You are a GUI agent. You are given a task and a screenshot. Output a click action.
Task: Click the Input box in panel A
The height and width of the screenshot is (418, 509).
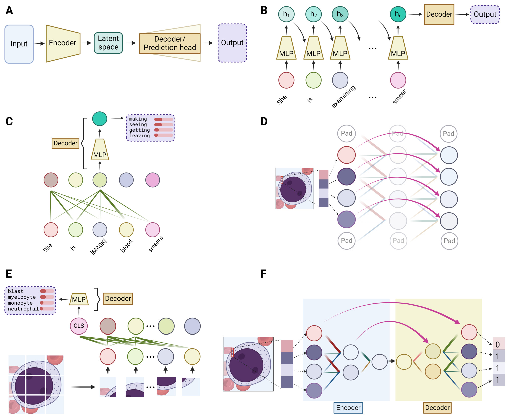pyautogui.click(x=19, y=44)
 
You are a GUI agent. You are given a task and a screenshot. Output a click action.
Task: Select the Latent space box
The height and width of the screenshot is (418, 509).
pyautogui.click(x=108, y=43)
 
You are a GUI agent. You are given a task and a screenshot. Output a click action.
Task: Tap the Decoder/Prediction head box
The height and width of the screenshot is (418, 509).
pyautogui.click(x=170, y=43)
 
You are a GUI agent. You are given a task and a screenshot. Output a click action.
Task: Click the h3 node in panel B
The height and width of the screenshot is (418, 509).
pyautogui.click(x=340, y=14)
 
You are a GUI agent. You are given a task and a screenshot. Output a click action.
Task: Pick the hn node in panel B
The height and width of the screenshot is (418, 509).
pyautogui.click(x=398, y=14)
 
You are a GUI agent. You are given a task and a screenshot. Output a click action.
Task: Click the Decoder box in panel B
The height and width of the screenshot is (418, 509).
pyautogui.click(x=439, y=14)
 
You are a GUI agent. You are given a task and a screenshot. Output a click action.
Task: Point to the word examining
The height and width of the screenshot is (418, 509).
pyautogui.click(x=344, y=96)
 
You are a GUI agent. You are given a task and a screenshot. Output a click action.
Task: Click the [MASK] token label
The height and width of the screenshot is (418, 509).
pyautogui.click(x=99, y=247)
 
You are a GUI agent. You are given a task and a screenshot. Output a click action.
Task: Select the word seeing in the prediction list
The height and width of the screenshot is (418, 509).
pyautogui.click(x=138, y=124)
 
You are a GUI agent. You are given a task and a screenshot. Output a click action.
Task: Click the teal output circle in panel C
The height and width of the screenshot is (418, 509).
pyautogui.click(x=100, y=119)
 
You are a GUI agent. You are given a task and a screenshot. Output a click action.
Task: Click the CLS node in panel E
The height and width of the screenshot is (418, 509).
pyautogui.click(x=79, y=326)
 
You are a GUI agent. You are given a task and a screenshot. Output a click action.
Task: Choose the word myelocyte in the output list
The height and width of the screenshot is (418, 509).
pyautogui.click(x=22, y=297)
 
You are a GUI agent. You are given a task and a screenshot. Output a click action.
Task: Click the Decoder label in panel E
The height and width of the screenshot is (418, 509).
pyautogui.click(x=118, y=299)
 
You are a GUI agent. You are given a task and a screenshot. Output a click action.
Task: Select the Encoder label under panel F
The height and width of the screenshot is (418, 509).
pyautogui.click(x=348, y=408)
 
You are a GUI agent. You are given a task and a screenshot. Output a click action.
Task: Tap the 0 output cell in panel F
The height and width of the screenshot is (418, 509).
pyautogui.click(x=498, y=344)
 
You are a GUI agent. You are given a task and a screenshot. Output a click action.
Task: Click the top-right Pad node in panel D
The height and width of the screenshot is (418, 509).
pyautogui.click(x=448, y=134)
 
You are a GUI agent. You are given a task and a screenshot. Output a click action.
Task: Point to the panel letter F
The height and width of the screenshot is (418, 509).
pyautogui.click(x=263, y=274)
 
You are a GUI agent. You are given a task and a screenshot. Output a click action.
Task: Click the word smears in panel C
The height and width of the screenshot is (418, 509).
pyautogui.click(x=155, y=244)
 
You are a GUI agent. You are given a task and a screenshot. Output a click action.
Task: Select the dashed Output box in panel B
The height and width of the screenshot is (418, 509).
pyautogui.click(x=485, y=14)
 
